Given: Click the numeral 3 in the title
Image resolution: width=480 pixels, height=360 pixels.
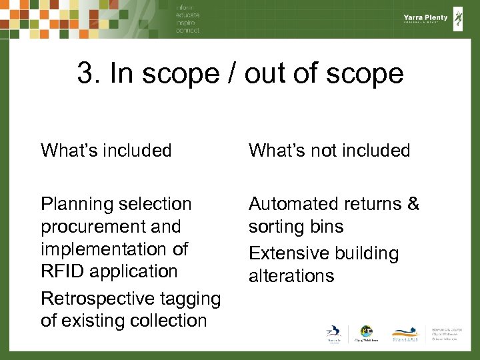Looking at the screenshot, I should tap(85, 74).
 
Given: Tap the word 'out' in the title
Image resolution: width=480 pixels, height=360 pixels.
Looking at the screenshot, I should tap(265, 74).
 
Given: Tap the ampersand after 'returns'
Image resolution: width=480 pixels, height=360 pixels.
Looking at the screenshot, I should tap(413, 204).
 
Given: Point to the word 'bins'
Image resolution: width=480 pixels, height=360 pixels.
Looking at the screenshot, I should tap(325, 227).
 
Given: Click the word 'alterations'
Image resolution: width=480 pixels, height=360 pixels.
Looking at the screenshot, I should tap(291, 275).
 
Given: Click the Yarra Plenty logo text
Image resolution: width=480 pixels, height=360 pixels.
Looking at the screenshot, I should tap(424, 18).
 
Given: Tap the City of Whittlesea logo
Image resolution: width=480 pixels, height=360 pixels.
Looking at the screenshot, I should tap(365, 334).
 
